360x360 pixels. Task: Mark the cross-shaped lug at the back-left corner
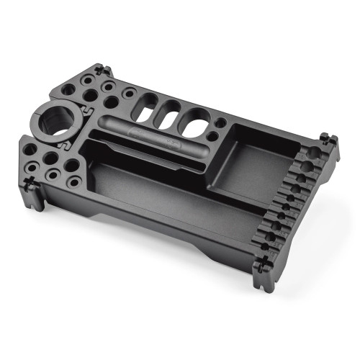(x=101, y=71)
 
